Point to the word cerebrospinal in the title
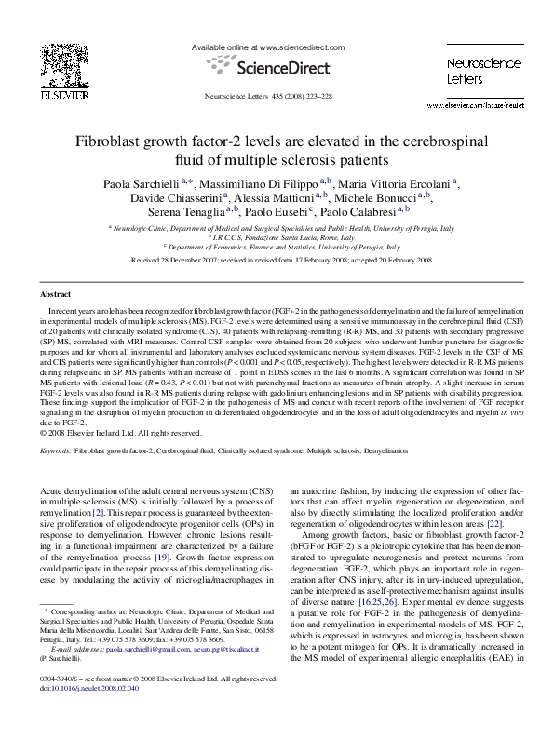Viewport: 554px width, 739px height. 437,141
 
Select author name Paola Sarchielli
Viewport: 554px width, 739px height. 141,182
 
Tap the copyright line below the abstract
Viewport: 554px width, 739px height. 122,432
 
